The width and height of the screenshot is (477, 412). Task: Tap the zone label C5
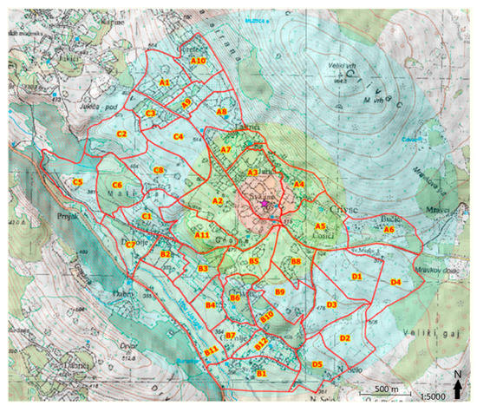click(77, 182)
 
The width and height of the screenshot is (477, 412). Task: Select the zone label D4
click(395, 283)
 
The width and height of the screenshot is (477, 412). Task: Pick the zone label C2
click(122, 134)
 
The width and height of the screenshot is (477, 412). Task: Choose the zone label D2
click(344, 337)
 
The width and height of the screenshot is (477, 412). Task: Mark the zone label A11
click(203, 235)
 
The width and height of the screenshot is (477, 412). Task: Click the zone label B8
click(296, 261)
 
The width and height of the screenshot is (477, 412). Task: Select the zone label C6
click(117, 186)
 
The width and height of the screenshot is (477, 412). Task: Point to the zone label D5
click(317, 364)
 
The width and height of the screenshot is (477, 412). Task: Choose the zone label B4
click(211, 305)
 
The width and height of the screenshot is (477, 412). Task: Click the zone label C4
click(178, 136)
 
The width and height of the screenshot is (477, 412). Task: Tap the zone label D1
click(356, 276)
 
